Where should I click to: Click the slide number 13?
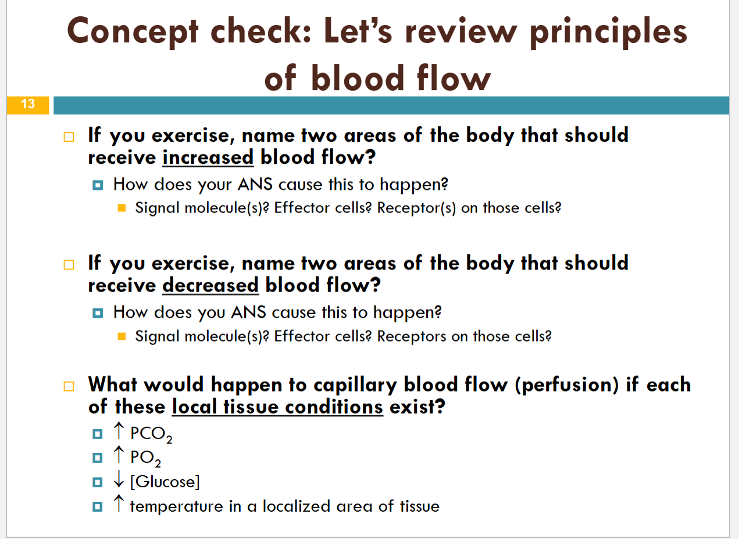point(28,104)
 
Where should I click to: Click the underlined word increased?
point(208,157)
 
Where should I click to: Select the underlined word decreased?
point(210,285)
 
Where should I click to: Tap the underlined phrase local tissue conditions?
point(277,407)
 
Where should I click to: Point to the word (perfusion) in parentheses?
point(567,385)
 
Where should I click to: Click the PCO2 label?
point(151,434)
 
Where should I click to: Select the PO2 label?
point(145,458)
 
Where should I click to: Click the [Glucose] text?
point(165,482)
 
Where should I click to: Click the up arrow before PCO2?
point(119,431)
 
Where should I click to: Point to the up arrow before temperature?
point(119,504)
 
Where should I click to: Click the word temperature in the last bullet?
point(177,506)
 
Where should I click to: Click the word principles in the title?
point(609,33)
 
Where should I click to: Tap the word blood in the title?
point(358,78)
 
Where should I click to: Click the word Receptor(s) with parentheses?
point(416,208)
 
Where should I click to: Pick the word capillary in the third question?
point(355,385)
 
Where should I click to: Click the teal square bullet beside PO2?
point(98,458)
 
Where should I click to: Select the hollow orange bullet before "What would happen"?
point(69,386)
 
